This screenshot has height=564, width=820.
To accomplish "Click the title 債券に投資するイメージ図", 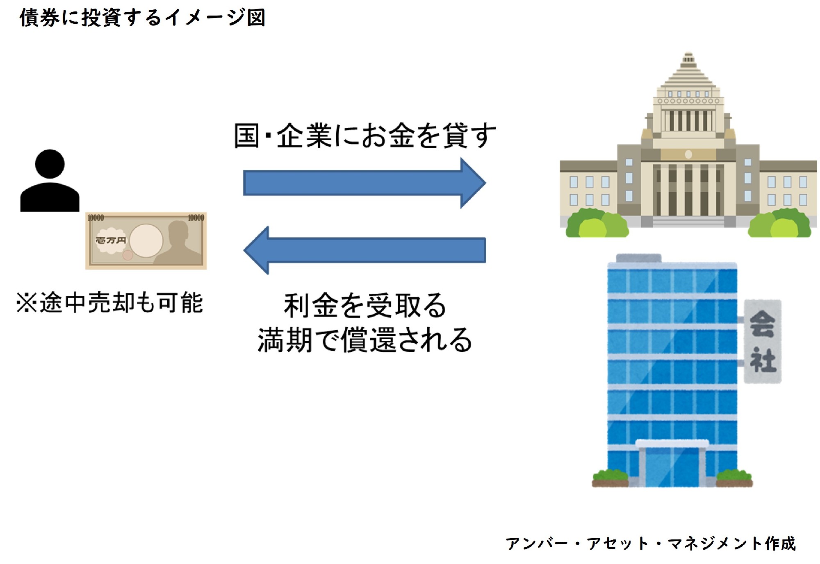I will (142, 18).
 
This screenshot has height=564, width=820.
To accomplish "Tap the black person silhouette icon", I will (50, 181).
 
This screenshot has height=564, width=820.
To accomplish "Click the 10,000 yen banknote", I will (146, 240).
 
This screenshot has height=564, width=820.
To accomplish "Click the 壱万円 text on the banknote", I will (110, 240).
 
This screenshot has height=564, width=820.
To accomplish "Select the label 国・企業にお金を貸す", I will (364, 136).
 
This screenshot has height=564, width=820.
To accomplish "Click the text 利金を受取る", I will (364, 306).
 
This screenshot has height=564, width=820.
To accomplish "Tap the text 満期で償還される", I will (364, 340).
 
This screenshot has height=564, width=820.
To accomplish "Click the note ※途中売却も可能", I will (109, 303).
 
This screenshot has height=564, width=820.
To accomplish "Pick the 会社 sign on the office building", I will (762, 341).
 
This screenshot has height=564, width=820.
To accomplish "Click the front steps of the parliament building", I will (688, 222).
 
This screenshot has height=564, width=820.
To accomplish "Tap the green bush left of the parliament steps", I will (597, 224).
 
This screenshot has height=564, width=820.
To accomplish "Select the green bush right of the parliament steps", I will (779, 224).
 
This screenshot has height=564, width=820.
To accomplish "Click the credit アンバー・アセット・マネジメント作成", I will (650, 544).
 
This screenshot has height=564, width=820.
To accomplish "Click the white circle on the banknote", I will (146, 241).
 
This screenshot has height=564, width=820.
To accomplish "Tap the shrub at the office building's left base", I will (610, 478).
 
